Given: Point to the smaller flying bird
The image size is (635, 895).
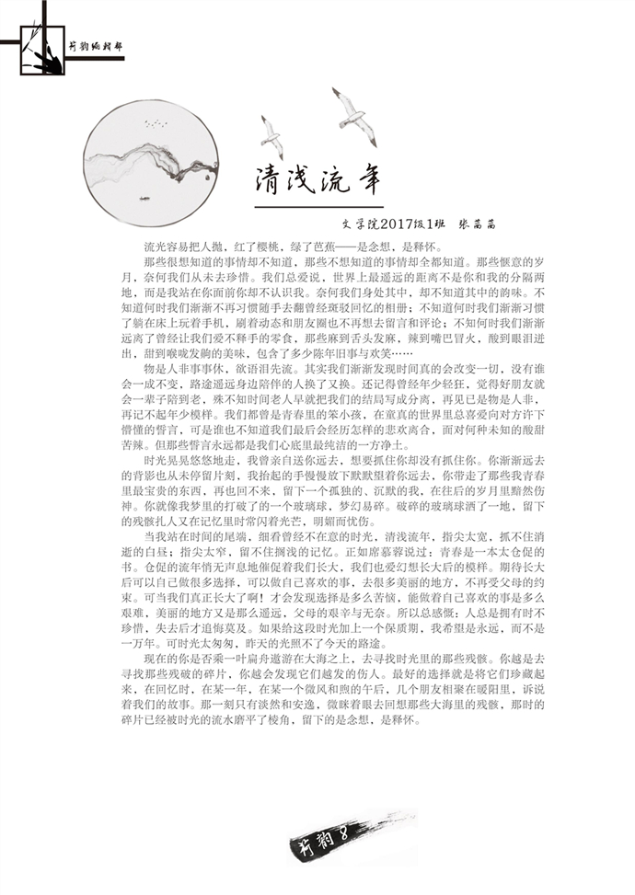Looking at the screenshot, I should coord(271,134).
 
